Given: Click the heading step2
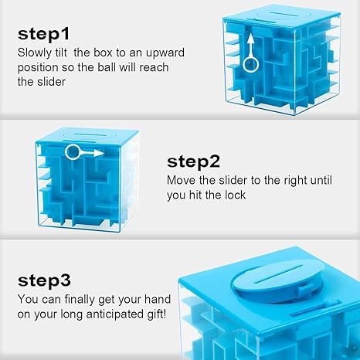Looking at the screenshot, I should pyautogui.click(x=194, y=161).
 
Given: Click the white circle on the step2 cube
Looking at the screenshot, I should pyautogui.click(x=73, y=152).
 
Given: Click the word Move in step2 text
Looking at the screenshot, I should pyautogui.click(x=182, y=182).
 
